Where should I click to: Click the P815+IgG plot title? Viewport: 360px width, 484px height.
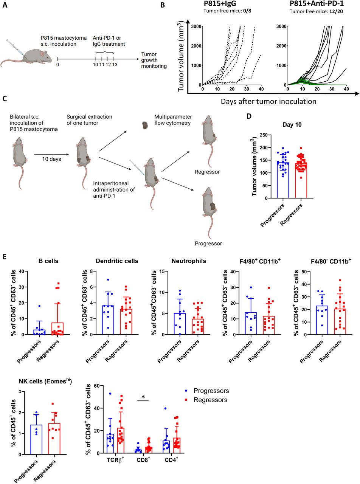223,5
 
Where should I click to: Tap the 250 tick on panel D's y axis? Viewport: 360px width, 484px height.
267,135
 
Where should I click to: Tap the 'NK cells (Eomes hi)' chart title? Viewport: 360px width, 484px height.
34,381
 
